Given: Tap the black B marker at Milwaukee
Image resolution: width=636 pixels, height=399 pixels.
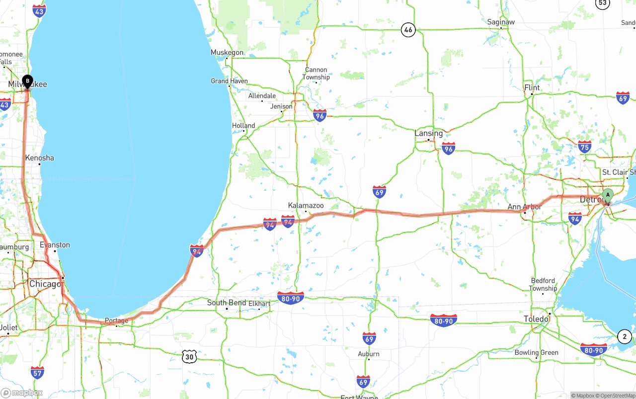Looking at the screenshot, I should [x=27, y=80].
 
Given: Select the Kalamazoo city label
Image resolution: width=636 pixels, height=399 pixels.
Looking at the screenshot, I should [x=306, y=205].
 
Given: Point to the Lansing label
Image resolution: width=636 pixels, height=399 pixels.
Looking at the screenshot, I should [x=428, y=133].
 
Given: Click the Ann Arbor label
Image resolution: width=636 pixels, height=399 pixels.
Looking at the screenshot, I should [x=525, y=207].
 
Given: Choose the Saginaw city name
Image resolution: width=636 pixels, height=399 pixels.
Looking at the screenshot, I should [x=501, y=22].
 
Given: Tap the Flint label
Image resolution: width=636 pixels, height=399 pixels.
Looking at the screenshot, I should [x=532, y=87].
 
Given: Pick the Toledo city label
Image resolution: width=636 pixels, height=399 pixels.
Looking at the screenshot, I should [x=536, y=319].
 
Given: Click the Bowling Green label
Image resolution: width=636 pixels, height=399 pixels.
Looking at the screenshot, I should [x=536, y=353].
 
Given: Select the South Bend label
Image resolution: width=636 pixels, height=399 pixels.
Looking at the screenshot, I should [x=227, y=303].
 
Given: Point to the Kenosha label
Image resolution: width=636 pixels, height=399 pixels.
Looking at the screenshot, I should [x=40, y=158].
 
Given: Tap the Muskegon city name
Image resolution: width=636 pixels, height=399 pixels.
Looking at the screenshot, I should [x=227, y=52].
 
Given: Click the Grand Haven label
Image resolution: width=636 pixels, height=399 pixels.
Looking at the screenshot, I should [x=229, y=81].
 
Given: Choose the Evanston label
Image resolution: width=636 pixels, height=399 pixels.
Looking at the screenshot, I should [x=55, y=245].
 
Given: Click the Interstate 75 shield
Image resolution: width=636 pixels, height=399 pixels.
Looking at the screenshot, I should [x=585, y=146].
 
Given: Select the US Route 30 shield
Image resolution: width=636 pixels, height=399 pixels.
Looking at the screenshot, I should [x=189, y=356].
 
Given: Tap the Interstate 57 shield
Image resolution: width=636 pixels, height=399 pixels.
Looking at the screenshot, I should [x=37, y=372].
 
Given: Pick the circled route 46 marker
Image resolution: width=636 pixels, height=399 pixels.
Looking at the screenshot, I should [x=408, y=30].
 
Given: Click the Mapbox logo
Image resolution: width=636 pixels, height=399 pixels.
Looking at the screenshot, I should [x=22, y=393].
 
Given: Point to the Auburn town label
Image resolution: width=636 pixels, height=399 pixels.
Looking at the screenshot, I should [x=369, y=354].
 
